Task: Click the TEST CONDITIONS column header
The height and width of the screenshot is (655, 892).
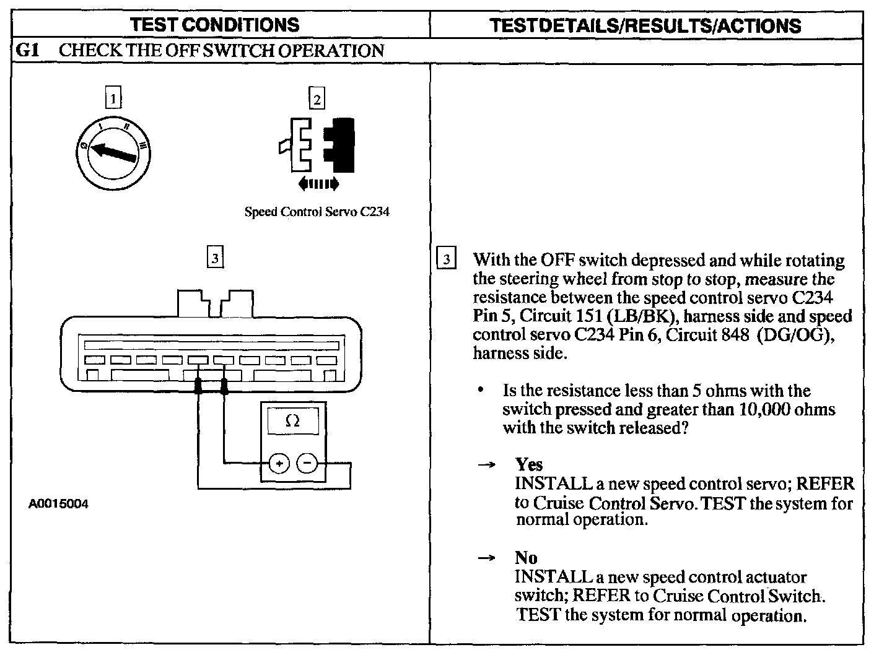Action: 216,25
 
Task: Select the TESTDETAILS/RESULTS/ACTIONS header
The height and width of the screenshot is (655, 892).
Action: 645,25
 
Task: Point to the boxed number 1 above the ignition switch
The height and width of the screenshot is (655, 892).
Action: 113,98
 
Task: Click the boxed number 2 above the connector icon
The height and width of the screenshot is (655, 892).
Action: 317,98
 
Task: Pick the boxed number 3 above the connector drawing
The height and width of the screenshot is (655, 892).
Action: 214,258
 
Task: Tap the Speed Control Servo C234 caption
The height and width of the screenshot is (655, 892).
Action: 317,212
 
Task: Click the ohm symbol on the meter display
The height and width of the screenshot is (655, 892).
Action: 293,421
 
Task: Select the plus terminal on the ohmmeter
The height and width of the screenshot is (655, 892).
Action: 279,462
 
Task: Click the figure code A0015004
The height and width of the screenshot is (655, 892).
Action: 59,504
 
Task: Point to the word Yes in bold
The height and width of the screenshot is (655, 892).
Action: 529,464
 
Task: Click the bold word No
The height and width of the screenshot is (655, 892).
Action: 526,558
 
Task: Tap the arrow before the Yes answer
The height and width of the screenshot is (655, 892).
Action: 486,465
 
